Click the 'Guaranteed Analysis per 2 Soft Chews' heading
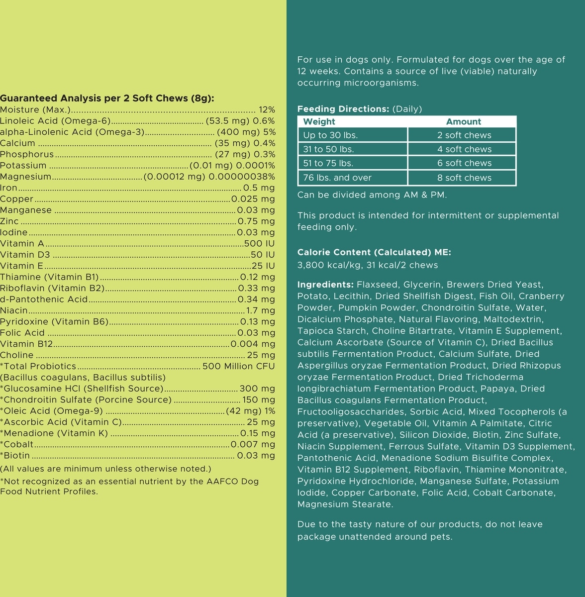pos(107,98)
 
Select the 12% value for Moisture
pos(267,109)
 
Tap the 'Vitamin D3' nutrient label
pos(25,255)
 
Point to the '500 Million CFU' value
pos(238,366)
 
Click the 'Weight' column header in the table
pos(319,121)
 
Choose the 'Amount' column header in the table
pos(464,121)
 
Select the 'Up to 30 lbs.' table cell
pos(330,135)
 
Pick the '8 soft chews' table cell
pos(464,178)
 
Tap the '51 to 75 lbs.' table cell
pos(328,163)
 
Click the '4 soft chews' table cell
pos(464,149)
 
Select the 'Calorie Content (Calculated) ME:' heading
pos(374,252)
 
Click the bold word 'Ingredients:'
pos(325,285)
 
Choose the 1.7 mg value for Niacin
pos(261,310)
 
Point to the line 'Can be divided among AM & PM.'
pos(372,195)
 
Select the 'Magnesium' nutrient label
pos(26,177)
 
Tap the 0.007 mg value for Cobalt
pos(253,444)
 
